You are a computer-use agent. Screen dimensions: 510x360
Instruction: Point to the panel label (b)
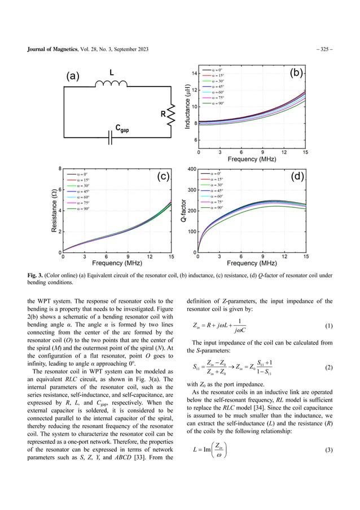pos(296,74)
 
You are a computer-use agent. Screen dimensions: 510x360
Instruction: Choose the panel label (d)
pos(297,177)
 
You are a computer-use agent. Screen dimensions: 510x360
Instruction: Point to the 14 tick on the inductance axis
pos(193,74)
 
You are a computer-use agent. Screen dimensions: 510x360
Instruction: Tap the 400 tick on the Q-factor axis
pos(191,169)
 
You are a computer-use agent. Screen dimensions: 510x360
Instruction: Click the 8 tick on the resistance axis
pos(60,169)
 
